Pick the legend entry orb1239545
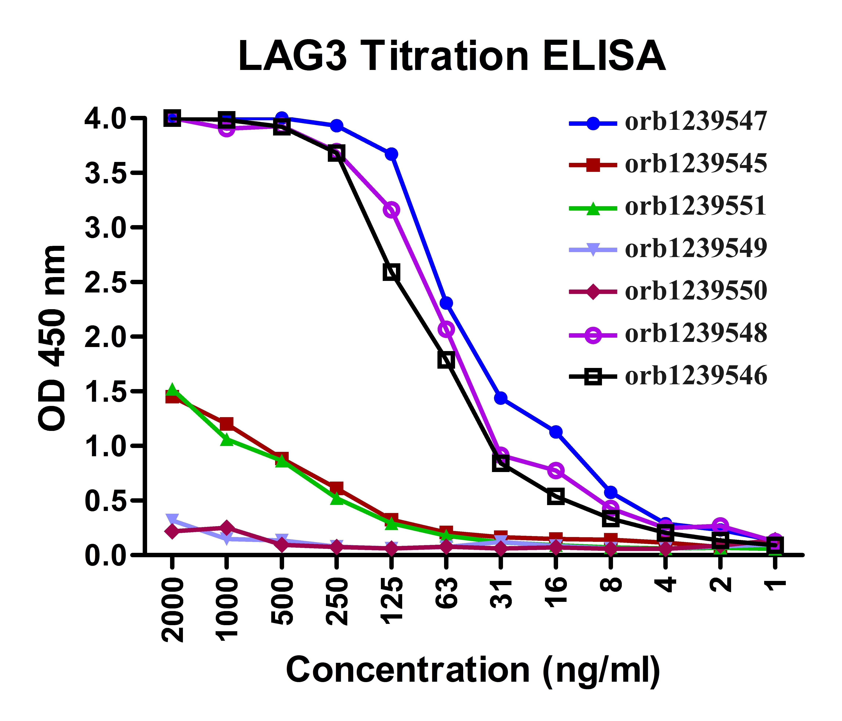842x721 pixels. (696, 164)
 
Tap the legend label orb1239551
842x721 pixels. (696, 206)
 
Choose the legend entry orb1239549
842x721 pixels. (696, 249)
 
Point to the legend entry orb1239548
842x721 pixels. (696, 334)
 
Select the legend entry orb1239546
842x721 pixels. (696, 376)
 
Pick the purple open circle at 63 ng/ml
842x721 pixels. (446, 329)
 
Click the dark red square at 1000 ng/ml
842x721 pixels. (227, 424)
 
